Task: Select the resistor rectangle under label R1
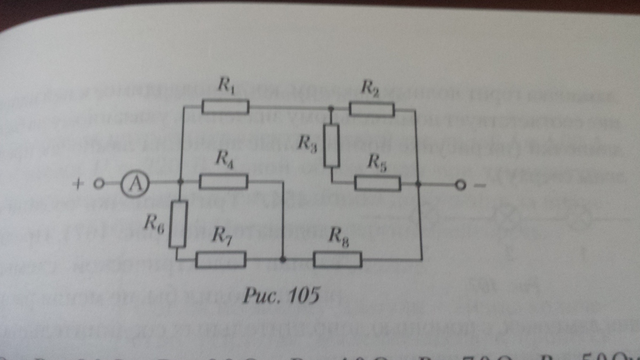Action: pos(225,108)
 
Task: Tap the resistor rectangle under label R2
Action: pos(372,110)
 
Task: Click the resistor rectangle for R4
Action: pos(223,182)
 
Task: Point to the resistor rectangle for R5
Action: pos(377,183)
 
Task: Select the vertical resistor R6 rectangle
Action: pos(178,224)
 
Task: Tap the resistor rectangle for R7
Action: pos(221,260)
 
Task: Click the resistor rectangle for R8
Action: pos(338,260)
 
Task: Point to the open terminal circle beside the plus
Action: pos(98,184)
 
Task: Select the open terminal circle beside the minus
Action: pos(458,186)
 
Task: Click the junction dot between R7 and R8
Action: pos(283,260)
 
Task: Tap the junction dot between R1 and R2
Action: pos(331,109)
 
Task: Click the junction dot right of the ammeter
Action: pos(180,183)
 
